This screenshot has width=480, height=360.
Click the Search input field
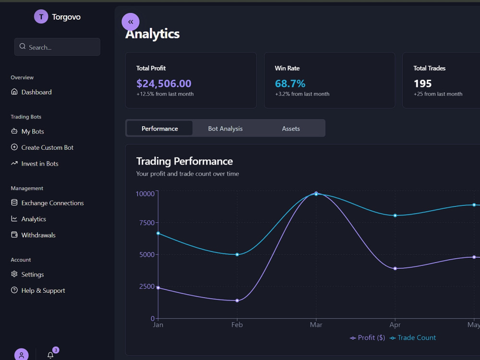[57, 47]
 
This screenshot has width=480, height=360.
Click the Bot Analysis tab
[225, 129]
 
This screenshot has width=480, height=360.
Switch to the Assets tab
[291, 129]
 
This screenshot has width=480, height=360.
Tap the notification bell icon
[50, 355]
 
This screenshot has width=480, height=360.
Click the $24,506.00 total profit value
[164, 84]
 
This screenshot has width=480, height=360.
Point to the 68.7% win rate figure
[290, 84]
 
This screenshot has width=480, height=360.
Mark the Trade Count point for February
[237, 254]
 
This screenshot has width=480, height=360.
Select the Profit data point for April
[395, 268]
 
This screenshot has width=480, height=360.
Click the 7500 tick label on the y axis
[147, 223]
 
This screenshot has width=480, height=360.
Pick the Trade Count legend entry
[413, 337]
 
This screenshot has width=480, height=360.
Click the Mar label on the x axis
[316, 325]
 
